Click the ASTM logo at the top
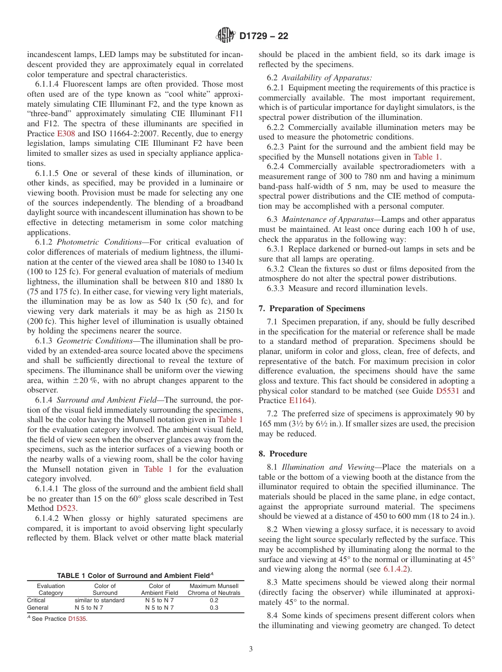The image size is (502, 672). pyautogui.click(x=226, y=36)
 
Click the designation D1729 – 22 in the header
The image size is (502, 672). pyautogui.click(x=264, y=36)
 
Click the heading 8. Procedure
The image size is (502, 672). pyautogui.click(x=283, y=453)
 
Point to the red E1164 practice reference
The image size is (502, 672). pyautogui.click(x=300, y=400)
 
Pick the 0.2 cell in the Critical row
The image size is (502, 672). pyautogui.click(x=213, y=600)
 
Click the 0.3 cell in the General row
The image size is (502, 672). pyautogui.click(x=213, y=608)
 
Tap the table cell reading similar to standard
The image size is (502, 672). pyautogui.click(x=99, y=600)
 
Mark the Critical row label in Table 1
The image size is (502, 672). pyautogui.click(x=36, y=600)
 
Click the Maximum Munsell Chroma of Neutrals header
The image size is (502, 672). pyautogui.click(x=213, y=589)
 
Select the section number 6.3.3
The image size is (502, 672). pyautogui.click(x=276, y=288)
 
